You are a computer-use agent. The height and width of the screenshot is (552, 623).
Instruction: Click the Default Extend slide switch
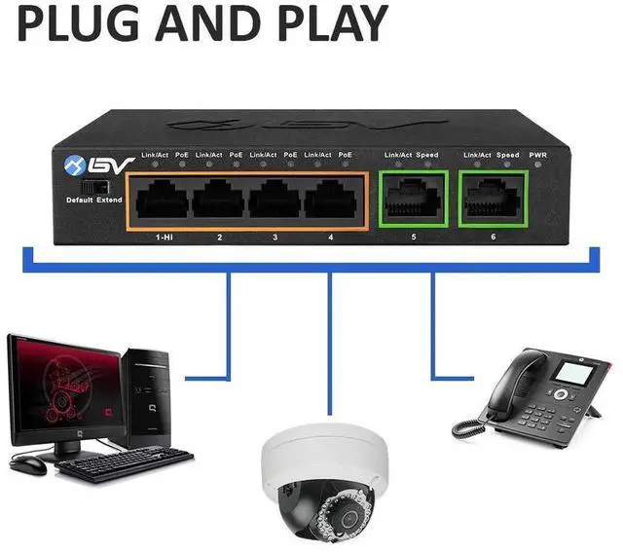[x=92, y=184]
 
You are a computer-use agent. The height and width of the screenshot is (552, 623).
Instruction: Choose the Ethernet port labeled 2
[x=218, y=201]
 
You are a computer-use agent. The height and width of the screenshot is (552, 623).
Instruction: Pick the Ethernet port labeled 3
[x=275, y=201]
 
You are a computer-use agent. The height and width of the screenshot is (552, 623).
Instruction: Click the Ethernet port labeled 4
[x=331, y=201]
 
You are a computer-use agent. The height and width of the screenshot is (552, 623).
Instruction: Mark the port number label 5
[x=412, y=237]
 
